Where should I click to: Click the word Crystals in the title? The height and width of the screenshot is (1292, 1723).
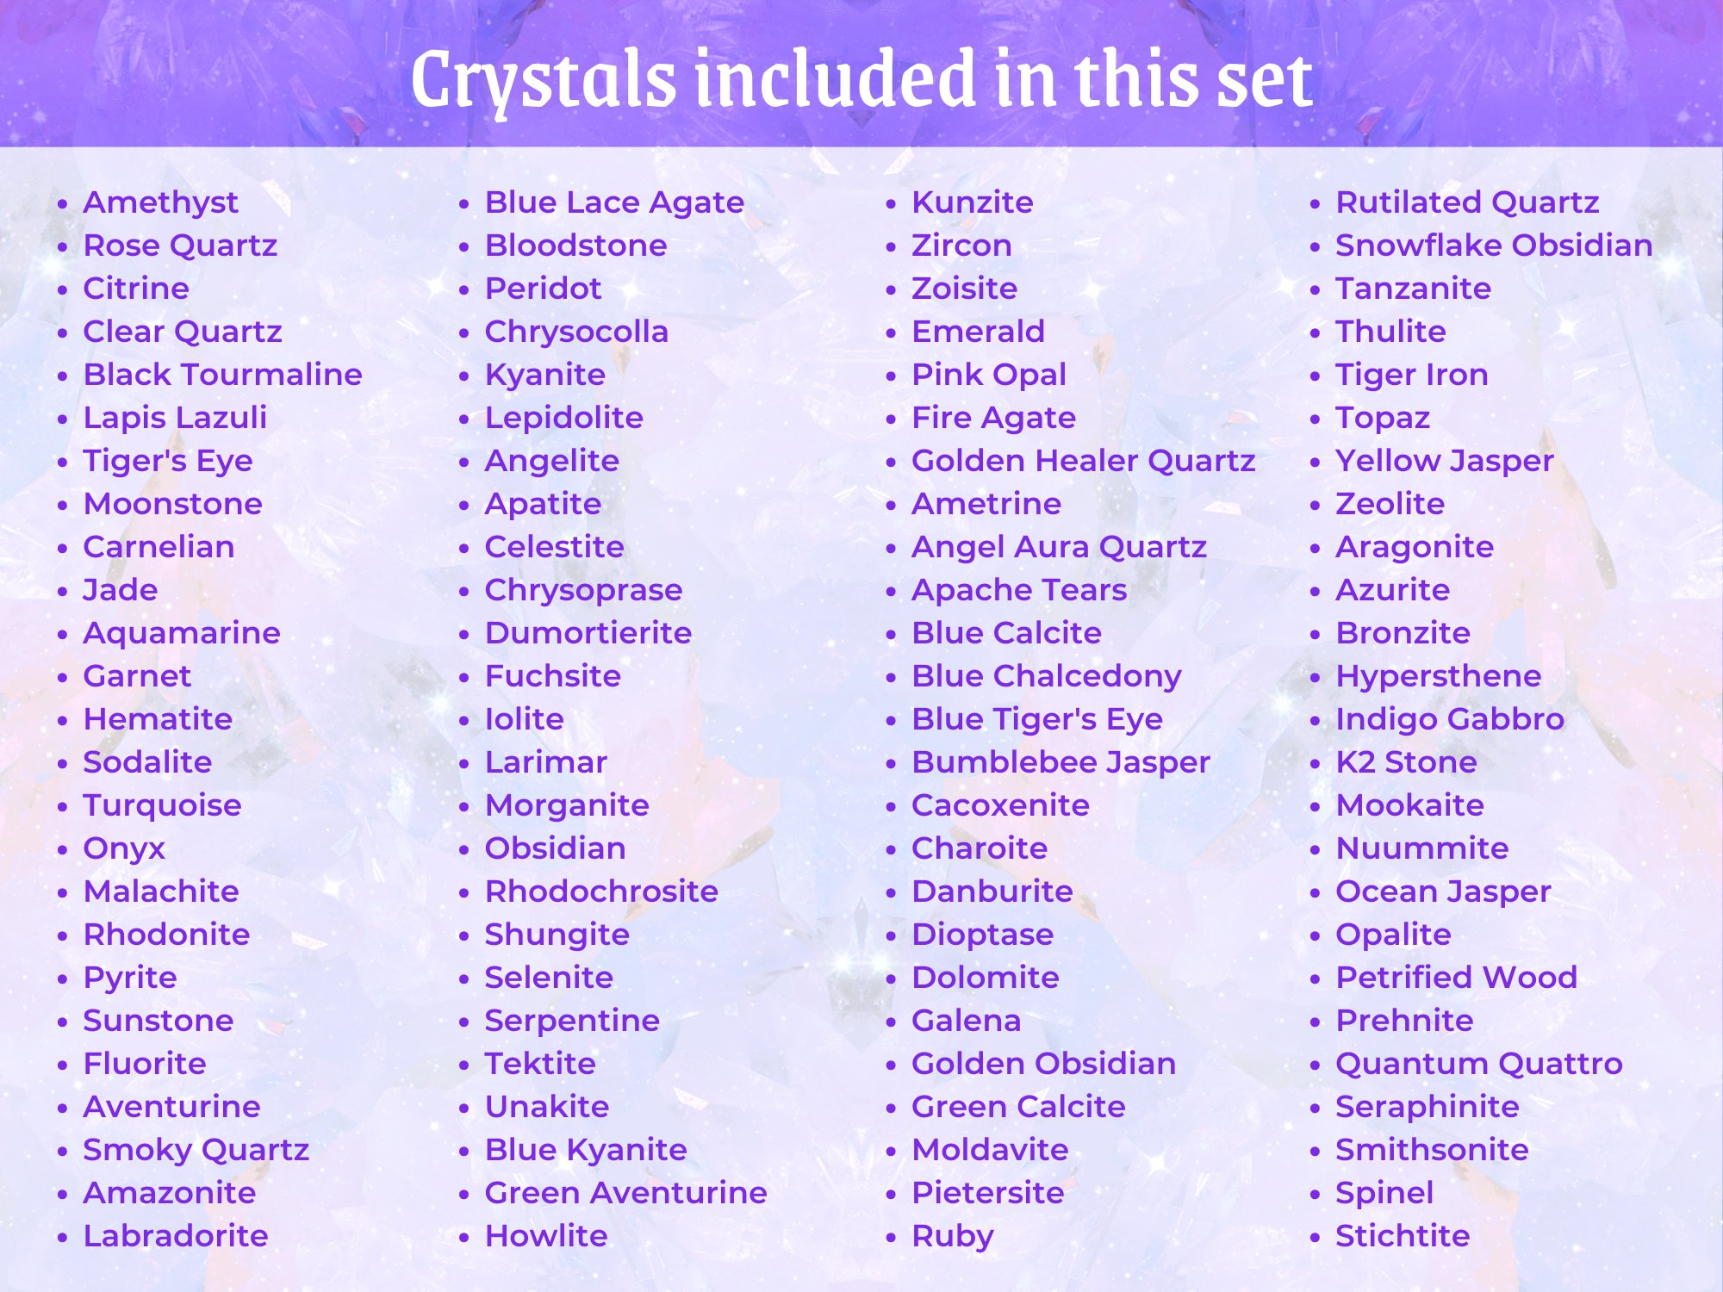coord(543,79)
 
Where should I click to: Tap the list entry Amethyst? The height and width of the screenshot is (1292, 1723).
coord(160,202)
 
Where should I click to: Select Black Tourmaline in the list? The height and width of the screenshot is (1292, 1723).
coord(222,375)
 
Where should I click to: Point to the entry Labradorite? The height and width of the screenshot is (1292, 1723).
coord(176,1236)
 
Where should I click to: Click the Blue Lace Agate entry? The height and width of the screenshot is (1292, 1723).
coord(614,202)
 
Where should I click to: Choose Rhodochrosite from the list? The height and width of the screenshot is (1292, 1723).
coord(601,891)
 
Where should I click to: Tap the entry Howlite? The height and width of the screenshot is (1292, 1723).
coord(546,1236)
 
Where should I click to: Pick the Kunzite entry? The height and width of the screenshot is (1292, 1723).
coord(972,202)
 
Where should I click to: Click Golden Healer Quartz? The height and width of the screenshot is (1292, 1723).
coord(1083,461)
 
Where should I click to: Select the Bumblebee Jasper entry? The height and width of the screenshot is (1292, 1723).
coord(1061,762)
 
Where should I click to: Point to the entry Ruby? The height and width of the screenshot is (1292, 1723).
coord(952,1236)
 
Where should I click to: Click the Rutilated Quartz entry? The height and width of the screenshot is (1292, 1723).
coord(1466,202)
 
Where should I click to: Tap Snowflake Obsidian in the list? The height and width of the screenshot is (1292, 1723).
coord(1493,245)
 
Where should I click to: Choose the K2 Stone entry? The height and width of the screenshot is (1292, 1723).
coord(1405,762)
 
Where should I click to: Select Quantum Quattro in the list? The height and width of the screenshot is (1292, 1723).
coord(1478,1064)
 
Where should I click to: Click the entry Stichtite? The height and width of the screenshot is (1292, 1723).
coord(1402,1236)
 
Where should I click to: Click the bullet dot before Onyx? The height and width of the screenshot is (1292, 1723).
coord(62,850)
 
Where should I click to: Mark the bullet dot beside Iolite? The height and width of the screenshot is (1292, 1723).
coord(464,721)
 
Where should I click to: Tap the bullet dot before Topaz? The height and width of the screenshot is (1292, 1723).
coord(1315,419)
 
